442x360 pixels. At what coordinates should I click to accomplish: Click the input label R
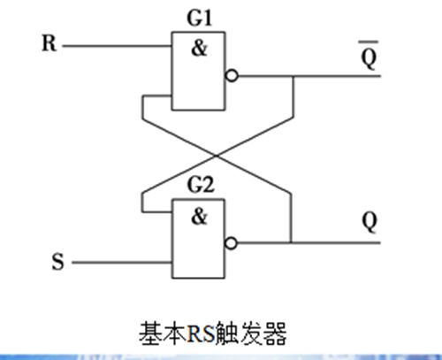pos(50,43)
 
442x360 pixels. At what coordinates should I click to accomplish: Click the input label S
pos(57,261)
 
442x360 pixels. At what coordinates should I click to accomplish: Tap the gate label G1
pos(200,19)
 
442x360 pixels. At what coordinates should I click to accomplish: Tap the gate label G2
pos(201,185)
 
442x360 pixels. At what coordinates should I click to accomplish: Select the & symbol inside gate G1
pos(200,48)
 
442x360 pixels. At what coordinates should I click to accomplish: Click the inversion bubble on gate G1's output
pos(232,76)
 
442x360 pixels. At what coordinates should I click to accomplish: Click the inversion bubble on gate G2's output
pos(231,243)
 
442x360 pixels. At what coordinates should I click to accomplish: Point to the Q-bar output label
pos(369,56)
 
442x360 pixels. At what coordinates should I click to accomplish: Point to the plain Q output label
pos(370,222)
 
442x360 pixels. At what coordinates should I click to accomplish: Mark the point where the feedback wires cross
pos(217,156)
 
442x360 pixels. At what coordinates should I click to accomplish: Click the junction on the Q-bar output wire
pos(293,76)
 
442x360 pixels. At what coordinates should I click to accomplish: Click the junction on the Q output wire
pos(291,243)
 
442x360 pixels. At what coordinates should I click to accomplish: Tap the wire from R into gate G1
pos(118,46)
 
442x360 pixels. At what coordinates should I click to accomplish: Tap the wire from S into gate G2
pos(122,262)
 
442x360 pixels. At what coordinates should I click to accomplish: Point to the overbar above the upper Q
pos(369,42)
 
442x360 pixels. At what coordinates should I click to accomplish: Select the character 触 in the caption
pos(228,334)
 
